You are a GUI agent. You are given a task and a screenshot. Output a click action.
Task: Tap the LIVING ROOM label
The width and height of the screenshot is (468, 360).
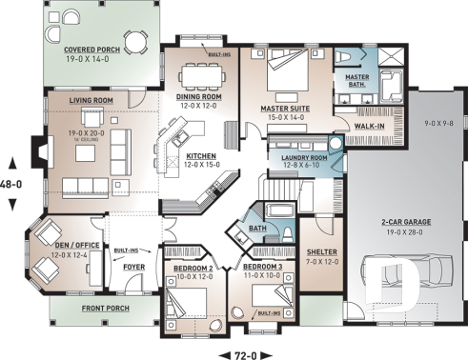(x=92, y=98)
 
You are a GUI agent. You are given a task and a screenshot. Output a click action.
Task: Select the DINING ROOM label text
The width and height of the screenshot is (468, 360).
(x=200, y=96)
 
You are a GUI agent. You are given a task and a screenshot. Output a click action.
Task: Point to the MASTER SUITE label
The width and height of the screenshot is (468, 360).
(x=285, y=109)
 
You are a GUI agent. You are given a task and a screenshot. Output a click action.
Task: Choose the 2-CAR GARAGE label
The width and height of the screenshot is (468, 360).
(x=405, y=221)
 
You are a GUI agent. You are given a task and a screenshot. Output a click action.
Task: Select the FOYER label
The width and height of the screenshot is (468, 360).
(x=133, y=268)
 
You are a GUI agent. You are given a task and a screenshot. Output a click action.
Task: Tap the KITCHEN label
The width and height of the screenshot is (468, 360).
(x=200, y=155)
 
